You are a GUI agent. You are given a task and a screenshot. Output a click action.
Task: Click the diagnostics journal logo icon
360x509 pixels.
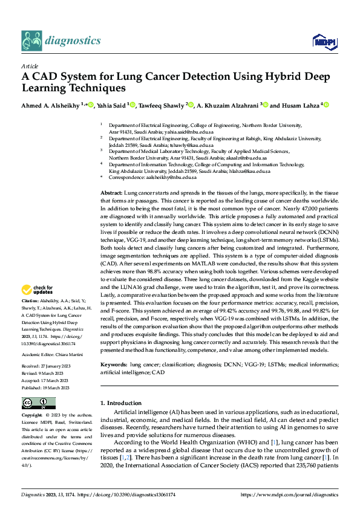(31, 41)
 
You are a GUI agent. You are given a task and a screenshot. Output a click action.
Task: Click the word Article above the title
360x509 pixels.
(30, 66)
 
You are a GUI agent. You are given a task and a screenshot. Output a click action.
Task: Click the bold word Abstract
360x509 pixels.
(111, 192)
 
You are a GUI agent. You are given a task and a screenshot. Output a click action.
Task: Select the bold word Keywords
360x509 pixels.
(114, 365)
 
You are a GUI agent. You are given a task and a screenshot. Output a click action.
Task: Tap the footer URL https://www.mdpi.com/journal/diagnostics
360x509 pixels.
(290, 494)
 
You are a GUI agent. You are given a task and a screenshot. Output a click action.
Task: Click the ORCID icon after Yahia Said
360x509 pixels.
(133, 105)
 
